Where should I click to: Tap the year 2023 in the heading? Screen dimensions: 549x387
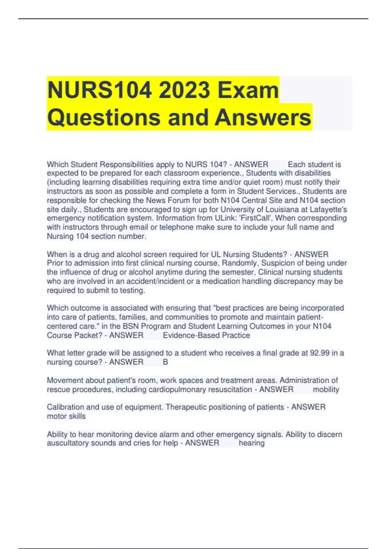(184, 90)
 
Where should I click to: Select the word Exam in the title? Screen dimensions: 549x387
(248, 90)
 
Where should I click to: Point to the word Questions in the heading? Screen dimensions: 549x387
(104, 117)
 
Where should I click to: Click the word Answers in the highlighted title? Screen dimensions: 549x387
(263, 117)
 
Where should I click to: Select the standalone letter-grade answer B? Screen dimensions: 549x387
(165, 362)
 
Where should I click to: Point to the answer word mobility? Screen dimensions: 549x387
(326, 390)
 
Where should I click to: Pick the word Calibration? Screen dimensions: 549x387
(65, 407)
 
